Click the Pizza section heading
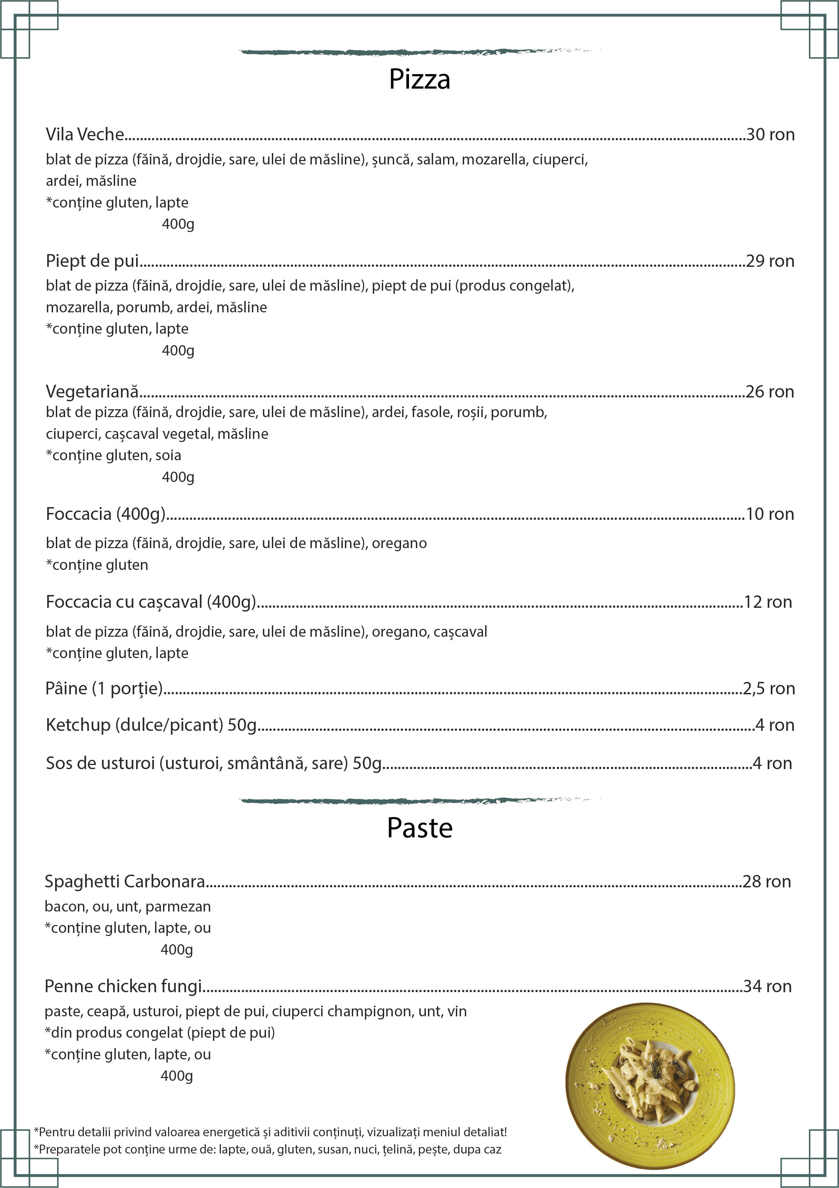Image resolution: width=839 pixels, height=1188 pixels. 420,80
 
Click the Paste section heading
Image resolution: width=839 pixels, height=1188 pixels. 420,828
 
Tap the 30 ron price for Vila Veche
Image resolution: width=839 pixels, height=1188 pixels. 770,134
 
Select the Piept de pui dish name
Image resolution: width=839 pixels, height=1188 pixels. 92,261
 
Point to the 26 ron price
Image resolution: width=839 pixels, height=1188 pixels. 770,392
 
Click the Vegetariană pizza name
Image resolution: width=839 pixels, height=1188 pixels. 92,392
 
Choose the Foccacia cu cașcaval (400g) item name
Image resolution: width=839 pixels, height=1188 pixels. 151,602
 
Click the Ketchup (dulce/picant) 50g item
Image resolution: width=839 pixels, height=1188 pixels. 151,725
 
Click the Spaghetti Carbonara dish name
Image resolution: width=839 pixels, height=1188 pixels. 125,882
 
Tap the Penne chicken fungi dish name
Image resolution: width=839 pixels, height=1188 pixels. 123,987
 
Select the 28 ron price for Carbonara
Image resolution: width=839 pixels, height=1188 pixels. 767,882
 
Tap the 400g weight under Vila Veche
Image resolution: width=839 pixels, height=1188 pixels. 178,224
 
